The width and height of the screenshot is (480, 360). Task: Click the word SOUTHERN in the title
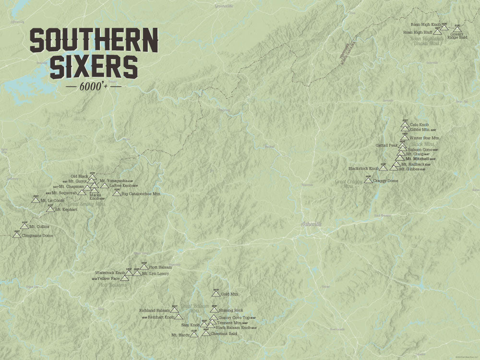[x=94, y=40]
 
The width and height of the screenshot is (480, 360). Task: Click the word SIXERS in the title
[x=94, y=67]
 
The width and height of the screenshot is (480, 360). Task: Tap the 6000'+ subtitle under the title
[x=93, y=87]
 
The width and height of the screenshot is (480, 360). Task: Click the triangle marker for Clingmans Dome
[x=18, y=235]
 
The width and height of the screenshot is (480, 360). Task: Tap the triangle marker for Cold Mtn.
[x=216, y=293]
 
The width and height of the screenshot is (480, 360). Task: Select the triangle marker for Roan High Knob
[x=444, y=27]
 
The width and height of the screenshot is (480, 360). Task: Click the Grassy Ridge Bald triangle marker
[x=457, y=29]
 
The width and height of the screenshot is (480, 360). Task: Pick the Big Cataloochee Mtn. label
[x=141, y=194]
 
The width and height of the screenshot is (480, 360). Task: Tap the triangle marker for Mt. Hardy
[x=194, y=334]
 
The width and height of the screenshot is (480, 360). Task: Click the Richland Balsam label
[x=154, y=310]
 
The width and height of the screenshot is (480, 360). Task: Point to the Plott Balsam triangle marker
[x=144, y=267]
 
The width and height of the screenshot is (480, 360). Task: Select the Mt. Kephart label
[x=66, y=210]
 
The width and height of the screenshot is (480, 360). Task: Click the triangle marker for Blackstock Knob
[x=383, y=168]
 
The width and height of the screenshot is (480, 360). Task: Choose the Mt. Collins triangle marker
[x=24, y=225]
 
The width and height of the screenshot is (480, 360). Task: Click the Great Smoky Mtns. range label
[x=86, y=204]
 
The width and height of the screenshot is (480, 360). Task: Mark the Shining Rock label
[x=231, y=311]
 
